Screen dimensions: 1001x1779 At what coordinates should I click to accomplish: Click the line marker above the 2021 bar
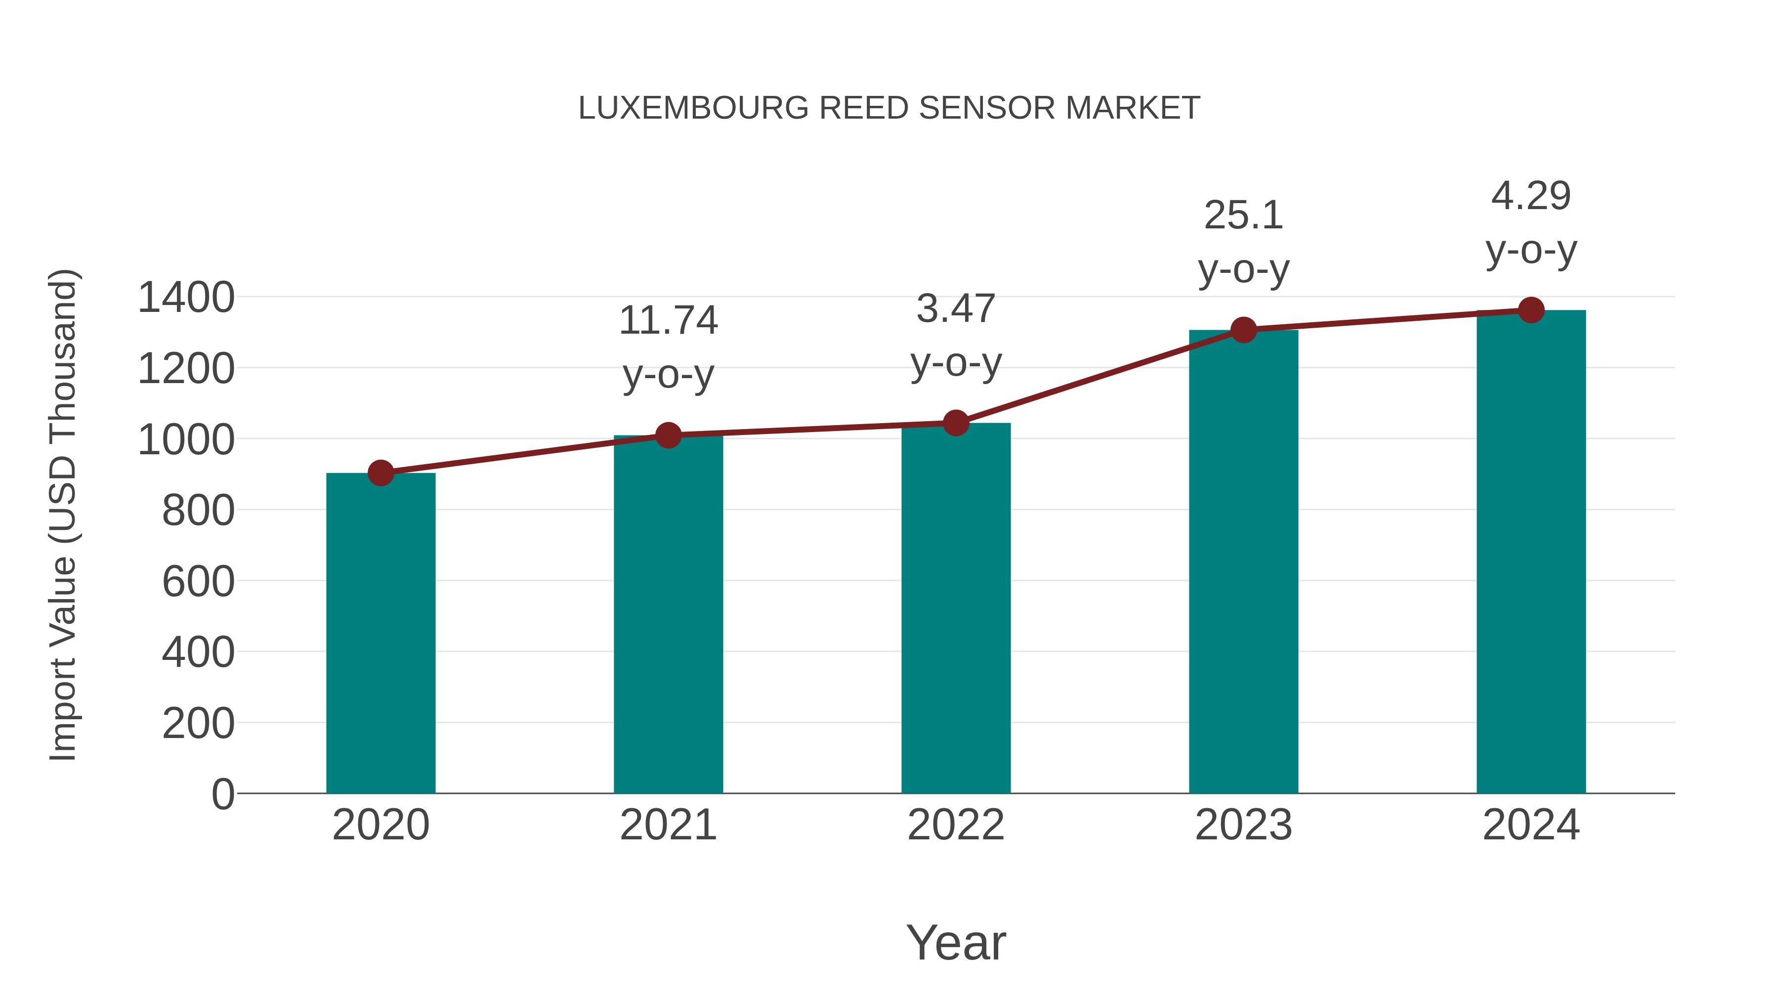coord(668,435)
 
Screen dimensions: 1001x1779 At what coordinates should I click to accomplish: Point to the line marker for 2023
coord(1243,330)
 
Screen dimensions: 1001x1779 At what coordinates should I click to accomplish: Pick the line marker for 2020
coord(381,473)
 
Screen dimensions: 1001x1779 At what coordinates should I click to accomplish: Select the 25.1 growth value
coord(1243,216)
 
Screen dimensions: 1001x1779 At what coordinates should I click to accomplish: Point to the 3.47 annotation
coord(956,309)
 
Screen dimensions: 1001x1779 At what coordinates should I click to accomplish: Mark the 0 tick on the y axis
coord(222,794)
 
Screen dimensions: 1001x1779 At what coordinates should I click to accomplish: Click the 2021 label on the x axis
coord(668,825)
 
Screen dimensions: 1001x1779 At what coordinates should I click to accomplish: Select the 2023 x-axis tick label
coord(1243,825)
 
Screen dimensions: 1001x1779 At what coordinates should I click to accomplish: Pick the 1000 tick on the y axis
coord(186,439)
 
